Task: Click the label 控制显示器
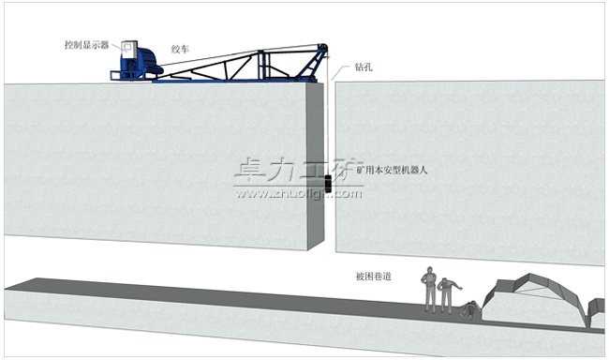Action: [x=86, y=44]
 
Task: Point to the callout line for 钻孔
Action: [x=345, y=74]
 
